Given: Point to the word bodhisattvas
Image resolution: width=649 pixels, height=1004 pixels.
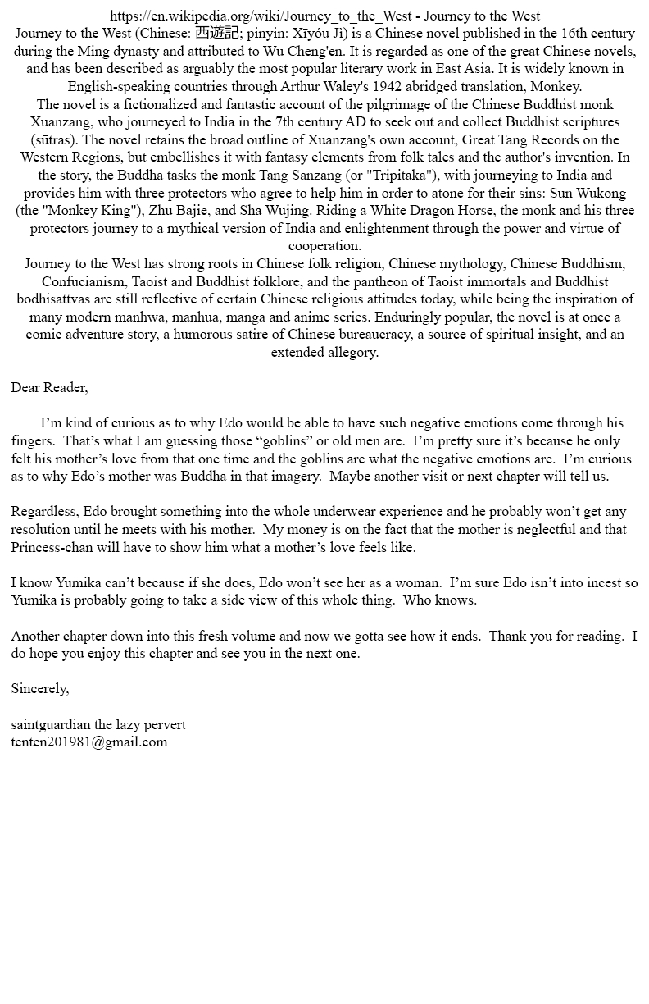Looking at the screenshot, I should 56,299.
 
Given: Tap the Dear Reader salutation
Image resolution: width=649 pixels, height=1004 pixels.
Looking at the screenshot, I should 49,387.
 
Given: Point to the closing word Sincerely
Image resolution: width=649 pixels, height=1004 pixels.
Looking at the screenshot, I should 39,688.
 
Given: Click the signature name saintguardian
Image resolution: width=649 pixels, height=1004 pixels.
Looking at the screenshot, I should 51,724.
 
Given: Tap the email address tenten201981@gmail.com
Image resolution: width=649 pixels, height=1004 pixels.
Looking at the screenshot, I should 89,742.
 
